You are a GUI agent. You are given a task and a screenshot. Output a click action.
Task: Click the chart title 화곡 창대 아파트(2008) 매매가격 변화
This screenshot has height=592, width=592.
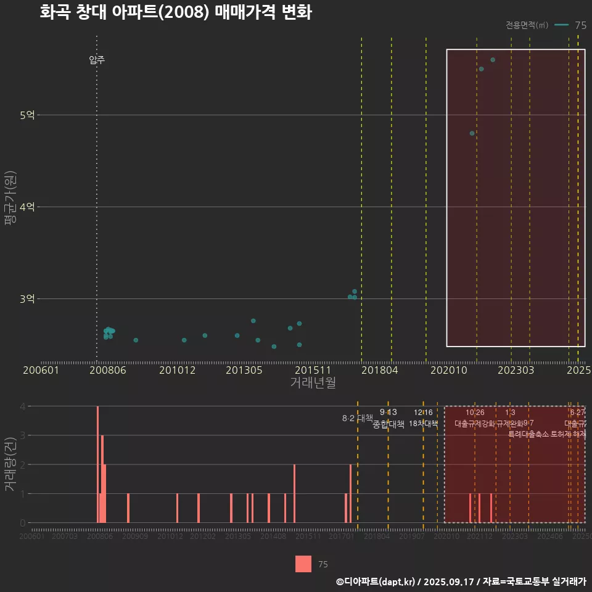[176, 12]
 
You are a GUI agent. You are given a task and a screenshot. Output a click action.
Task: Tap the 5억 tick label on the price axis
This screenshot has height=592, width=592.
[27, 115]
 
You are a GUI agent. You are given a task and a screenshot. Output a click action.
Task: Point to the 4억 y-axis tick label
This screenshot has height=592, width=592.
[27, 207]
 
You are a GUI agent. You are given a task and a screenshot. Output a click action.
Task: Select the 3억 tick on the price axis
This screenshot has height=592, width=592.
[27, 299]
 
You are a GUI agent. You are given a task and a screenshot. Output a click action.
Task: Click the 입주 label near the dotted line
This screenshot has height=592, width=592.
[97, 60]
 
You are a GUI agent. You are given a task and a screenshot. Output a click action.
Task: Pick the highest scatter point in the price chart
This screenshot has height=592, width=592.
[493, 60]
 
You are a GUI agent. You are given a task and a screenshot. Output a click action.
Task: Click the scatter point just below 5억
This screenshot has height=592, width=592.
[472, 133]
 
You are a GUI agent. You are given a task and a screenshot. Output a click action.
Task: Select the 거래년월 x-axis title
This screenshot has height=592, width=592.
[313, 382]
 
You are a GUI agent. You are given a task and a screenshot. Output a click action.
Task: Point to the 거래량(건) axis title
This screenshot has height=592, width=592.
[10, 464]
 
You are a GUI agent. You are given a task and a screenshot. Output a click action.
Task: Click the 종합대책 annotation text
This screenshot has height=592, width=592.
[388, 424]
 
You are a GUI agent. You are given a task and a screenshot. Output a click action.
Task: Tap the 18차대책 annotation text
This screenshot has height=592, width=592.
[423, 424]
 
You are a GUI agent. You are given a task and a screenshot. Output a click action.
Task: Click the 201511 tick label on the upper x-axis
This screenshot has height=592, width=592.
[310, 370]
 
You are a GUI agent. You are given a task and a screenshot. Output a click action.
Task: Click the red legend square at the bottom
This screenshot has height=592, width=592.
[303, 564]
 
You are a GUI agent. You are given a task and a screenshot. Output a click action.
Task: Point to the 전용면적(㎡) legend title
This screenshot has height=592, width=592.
[527, 25]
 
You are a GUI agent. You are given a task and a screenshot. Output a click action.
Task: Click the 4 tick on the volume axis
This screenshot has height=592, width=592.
[23, 406]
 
